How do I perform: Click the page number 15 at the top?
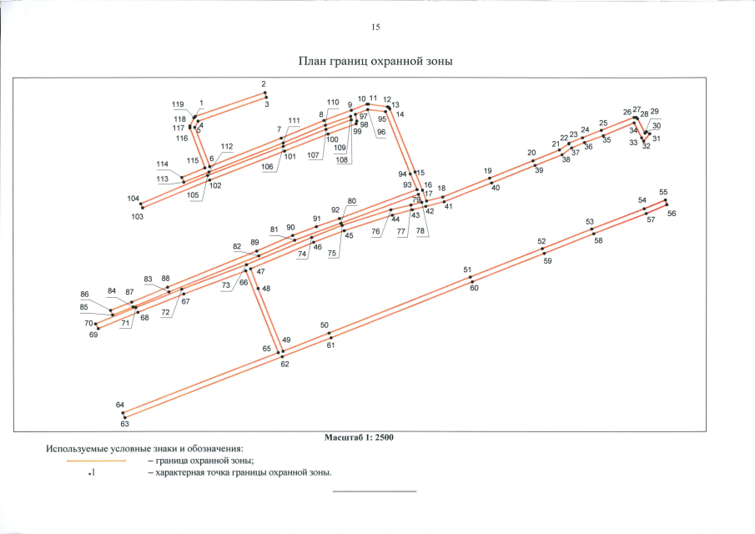tap(375, 27)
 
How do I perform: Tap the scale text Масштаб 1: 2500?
tap(359, 437)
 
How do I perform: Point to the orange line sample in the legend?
tap(96, 461)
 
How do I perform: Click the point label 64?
tap(120, 405)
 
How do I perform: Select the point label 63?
tap(124, 424)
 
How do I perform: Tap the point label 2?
tap(264, 83)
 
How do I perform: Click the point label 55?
tap(663, 192)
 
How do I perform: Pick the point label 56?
tap(672, 214)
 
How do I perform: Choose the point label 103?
tap(137, 217)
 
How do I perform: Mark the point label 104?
tap(133, 199)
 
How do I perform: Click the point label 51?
tap(467, 270)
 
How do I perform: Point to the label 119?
tap(178, 104)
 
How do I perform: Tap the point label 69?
tap(93, 335)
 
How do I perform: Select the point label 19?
tap(488, 171)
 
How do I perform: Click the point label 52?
tap(541, 241)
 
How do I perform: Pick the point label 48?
tap(266, 289)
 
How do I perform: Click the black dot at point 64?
tap(123, 413)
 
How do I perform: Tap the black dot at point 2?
tap(264, 93)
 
